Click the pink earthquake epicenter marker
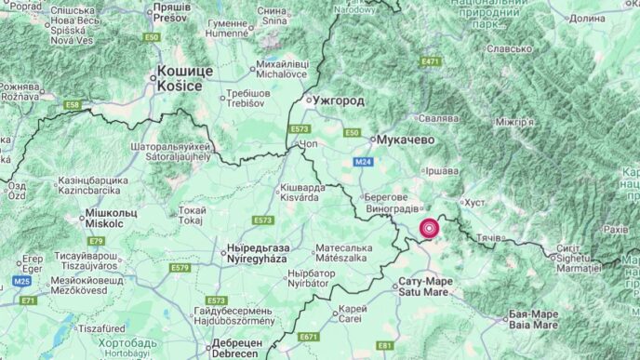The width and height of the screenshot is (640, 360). [x=430, y=227]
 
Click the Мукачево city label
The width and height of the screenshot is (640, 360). [x=407, y=140]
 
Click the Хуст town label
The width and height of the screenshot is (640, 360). [x=475, y=202]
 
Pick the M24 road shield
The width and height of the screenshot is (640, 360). [x=364, y=163]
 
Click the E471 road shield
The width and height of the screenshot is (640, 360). [x=430, y=61]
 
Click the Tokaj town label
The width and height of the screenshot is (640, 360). [x=193, y=216]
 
